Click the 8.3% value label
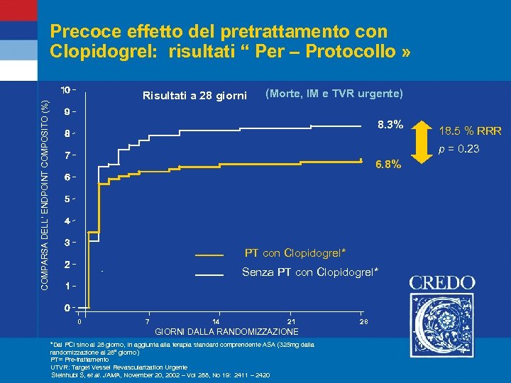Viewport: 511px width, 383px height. pyautogui.click(x=389, y=125)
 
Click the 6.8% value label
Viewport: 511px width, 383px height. pyautogui.click(x=388, y=165)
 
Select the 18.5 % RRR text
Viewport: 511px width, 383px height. pyautogui.click(x=470, y=131)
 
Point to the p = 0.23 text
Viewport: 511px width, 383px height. pyautogui.click(x=458, y=149)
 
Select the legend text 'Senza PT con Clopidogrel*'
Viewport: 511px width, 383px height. pyautogui.click(x=310, y=272)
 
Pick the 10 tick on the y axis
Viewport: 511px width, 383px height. pyautogui.click(x=65, y=90)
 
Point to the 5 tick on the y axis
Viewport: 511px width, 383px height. pyautogui.click(x=66, y=199)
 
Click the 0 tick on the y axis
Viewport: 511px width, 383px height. pyautogui.click(x=66, y=308)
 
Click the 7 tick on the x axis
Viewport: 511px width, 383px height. pyautogui.click(x=147, y=323)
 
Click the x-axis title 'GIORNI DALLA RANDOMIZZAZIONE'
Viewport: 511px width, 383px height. pyautogui.click(x=226, y=332)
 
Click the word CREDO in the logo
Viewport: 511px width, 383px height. pyautogui.click(x=442, y=282)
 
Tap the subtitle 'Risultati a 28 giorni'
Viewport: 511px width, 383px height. pyautogui.click(x=194, y=96)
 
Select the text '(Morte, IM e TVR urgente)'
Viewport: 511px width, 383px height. pyautogui.click(x=334, y=94)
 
